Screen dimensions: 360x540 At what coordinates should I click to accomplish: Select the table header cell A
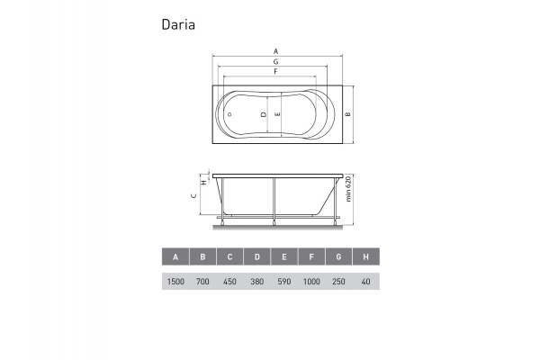(175, 257)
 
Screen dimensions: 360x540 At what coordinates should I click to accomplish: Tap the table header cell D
(257, 257)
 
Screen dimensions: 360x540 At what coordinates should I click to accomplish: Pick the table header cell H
(365, 257)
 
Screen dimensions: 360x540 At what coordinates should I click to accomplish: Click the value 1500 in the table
(175, 282)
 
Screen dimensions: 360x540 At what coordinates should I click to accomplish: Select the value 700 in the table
(203, 282)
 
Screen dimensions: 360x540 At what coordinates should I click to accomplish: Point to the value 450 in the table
(230, 282)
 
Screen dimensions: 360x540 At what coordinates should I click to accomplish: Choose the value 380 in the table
(257, 282)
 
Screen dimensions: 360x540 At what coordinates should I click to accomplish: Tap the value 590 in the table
(284, 282)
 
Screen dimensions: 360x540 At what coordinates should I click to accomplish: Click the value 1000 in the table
(311, 282)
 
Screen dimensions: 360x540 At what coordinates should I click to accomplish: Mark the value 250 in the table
(338, 282)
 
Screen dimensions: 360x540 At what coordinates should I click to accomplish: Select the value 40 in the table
(365, 282)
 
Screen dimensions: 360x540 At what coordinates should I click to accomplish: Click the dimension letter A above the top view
(275, 50)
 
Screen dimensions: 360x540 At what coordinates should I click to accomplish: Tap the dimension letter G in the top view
(275, 60)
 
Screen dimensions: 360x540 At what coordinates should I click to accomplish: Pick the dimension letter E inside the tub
(279, 115)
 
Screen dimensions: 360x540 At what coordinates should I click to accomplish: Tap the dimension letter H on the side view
(204, 181)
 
